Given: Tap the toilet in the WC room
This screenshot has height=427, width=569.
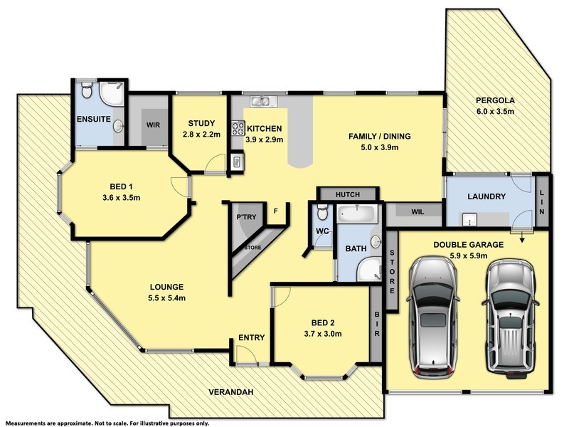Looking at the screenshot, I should [322, 212].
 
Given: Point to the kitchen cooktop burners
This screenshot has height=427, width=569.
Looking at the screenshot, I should [237, 130].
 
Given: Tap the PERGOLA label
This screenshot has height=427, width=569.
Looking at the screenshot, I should [495, 101].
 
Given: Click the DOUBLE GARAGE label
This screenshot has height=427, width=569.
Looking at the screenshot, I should [469, 245].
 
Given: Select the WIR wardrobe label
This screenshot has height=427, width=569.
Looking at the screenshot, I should [153, 125].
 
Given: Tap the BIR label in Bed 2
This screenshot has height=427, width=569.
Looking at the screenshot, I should [376, 323].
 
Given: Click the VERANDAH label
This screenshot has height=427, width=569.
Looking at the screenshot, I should [232, 392].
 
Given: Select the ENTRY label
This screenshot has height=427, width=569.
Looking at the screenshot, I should [251, 338].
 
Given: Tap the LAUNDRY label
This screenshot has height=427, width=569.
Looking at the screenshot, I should [486, 197].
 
